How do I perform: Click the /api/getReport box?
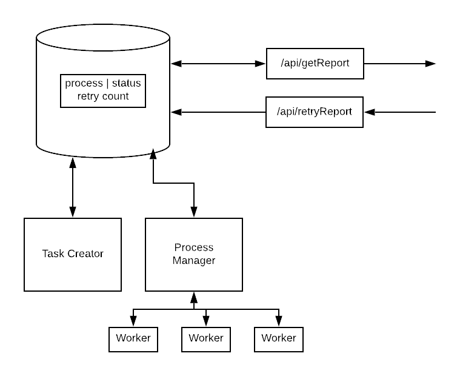(315, 64)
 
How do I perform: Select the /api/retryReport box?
(314, 112)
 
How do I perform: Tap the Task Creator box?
(73, 254)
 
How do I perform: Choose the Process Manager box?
(194, 254)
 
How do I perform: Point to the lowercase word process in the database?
(84, 84)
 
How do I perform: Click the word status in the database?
(126, 84)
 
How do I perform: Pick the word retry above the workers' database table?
(88, 96)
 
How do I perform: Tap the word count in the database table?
(115, 96)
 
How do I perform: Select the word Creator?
(85, 254)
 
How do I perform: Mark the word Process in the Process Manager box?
(194, 247)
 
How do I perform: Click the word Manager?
(194, 261)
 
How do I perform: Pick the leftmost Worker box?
(133, 339)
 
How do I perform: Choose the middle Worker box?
(206, 339)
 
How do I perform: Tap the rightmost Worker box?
(279, 339)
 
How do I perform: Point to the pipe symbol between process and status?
(107, 84)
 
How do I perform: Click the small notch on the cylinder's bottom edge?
(153, 150)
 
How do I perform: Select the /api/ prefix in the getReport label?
(290, 64)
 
